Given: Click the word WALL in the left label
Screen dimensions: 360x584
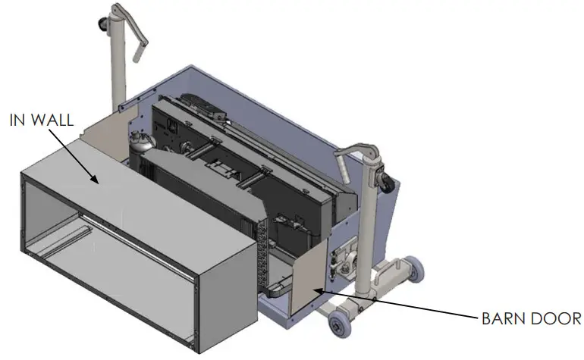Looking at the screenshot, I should coord(55,121).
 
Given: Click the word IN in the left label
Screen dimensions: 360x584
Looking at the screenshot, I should coord(18,121).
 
